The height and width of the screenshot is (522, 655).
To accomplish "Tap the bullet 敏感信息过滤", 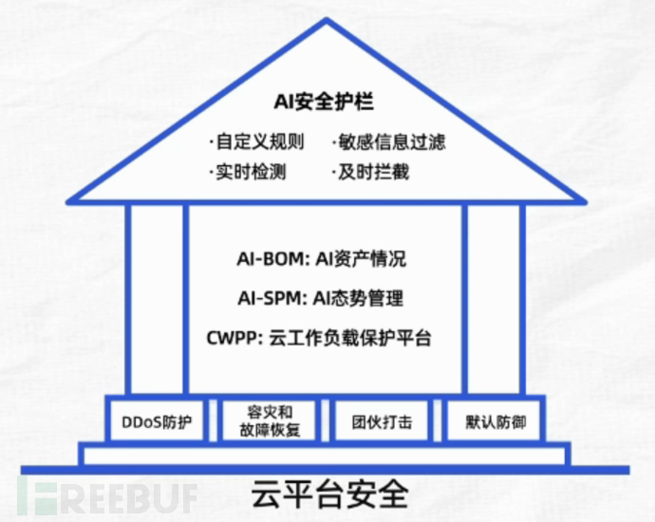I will tap(388, 143).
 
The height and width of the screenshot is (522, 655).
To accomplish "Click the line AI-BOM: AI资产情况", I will tap(321, 259).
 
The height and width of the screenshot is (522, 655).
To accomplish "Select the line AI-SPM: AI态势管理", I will tap(321, 298).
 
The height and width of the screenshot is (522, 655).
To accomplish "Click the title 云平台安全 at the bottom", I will tap(327, 494).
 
